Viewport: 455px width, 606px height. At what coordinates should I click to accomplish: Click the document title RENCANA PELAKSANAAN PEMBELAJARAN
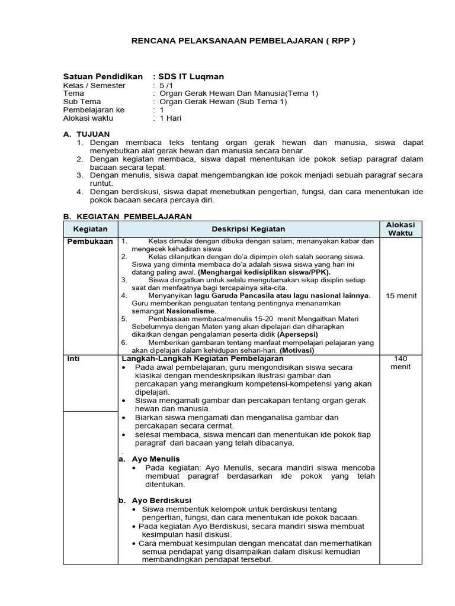click(243, 41)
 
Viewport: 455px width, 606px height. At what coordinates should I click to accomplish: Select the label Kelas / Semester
click(94, 85)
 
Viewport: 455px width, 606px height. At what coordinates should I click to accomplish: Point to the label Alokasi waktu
click(88, 118)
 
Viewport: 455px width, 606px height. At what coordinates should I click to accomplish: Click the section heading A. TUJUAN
click(86, 134)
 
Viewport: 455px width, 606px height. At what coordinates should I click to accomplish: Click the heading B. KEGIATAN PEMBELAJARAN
click(127, 217)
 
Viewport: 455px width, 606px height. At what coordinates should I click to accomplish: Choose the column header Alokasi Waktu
click(400, 229)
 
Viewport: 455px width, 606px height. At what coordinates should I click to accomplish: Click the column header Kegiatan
click(90, 229)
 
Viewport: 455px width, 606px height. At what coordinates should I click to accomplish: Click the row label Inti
click(73, 359)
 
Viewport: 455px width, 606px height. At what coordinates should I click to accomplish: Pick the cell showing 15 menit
click(400, 295)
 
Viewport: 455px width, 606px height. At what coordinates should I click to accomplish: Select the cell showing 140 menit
click(400, 362)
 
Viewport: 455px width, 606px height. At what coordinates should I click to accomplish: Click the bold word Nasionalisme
click(191, 311)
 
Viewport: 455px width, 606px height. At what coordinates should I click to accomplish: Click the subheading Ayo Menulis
click(155, 459)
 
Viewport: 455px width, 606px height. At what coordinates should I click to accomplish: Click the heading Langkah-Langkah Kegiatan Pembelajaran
click(203, 359)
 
